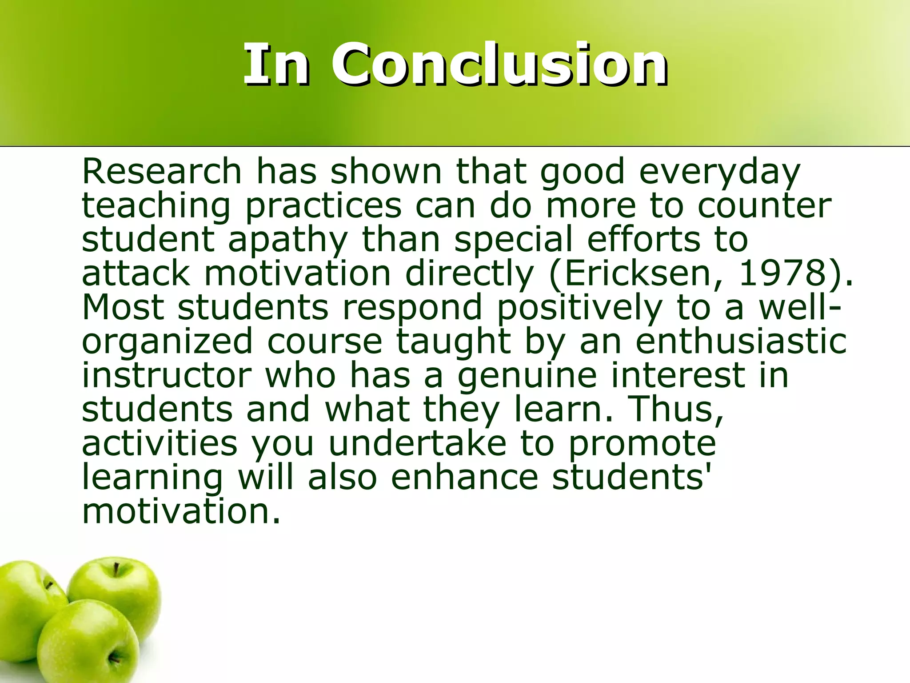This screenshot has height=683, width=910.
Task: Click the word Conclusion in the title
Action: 499,64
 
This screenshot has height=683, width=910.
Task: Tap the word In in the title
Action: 275,64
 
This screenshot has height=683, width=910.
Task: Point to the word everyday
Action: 719,173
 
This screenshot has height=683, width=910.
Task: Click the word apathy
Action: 287,240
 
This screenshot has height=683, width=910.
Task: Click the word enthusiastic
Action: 741,341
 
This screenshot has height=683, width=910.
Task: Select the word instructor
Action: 167,376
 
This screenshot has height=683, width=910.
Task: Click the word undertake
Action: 418,443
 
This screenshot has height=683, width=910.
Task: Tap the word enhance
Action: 464,478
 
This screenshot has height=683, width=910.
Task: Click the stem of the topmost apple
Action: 116,569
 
